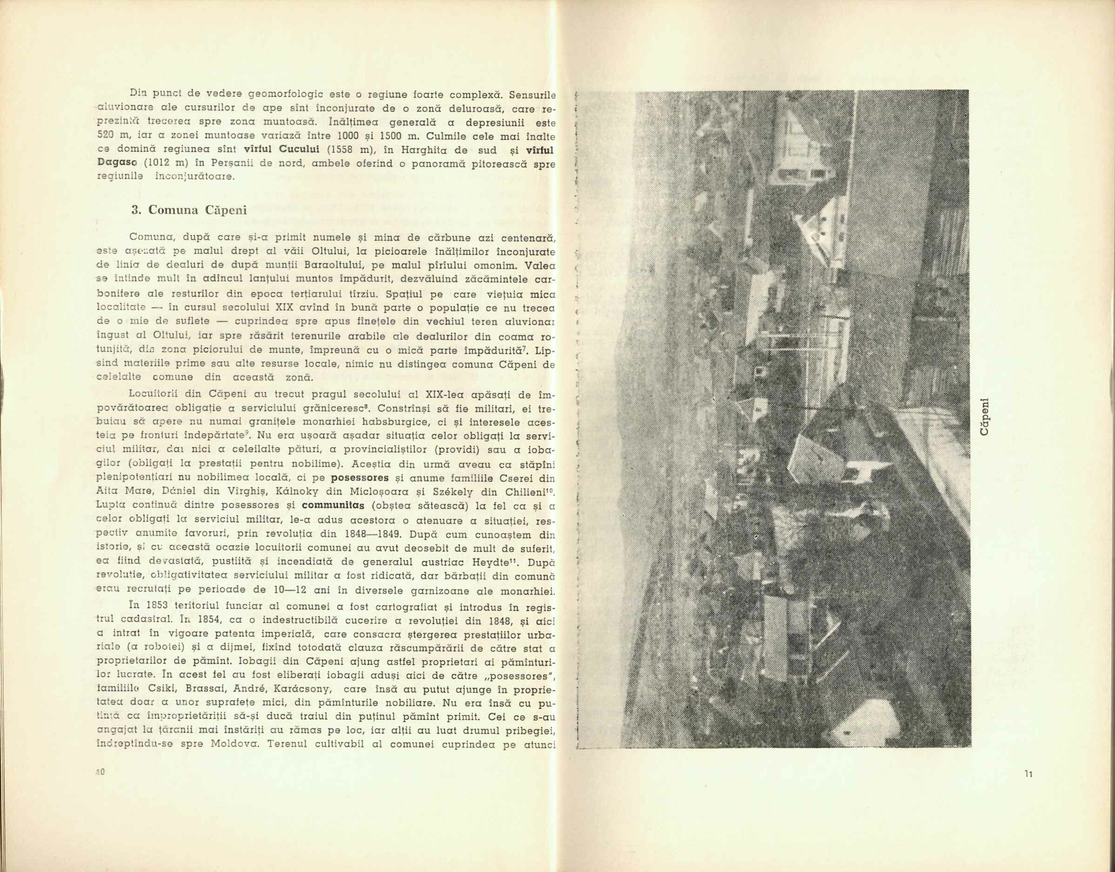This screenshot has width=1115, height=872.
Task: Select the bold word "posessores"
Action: [x=357, y=478]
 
